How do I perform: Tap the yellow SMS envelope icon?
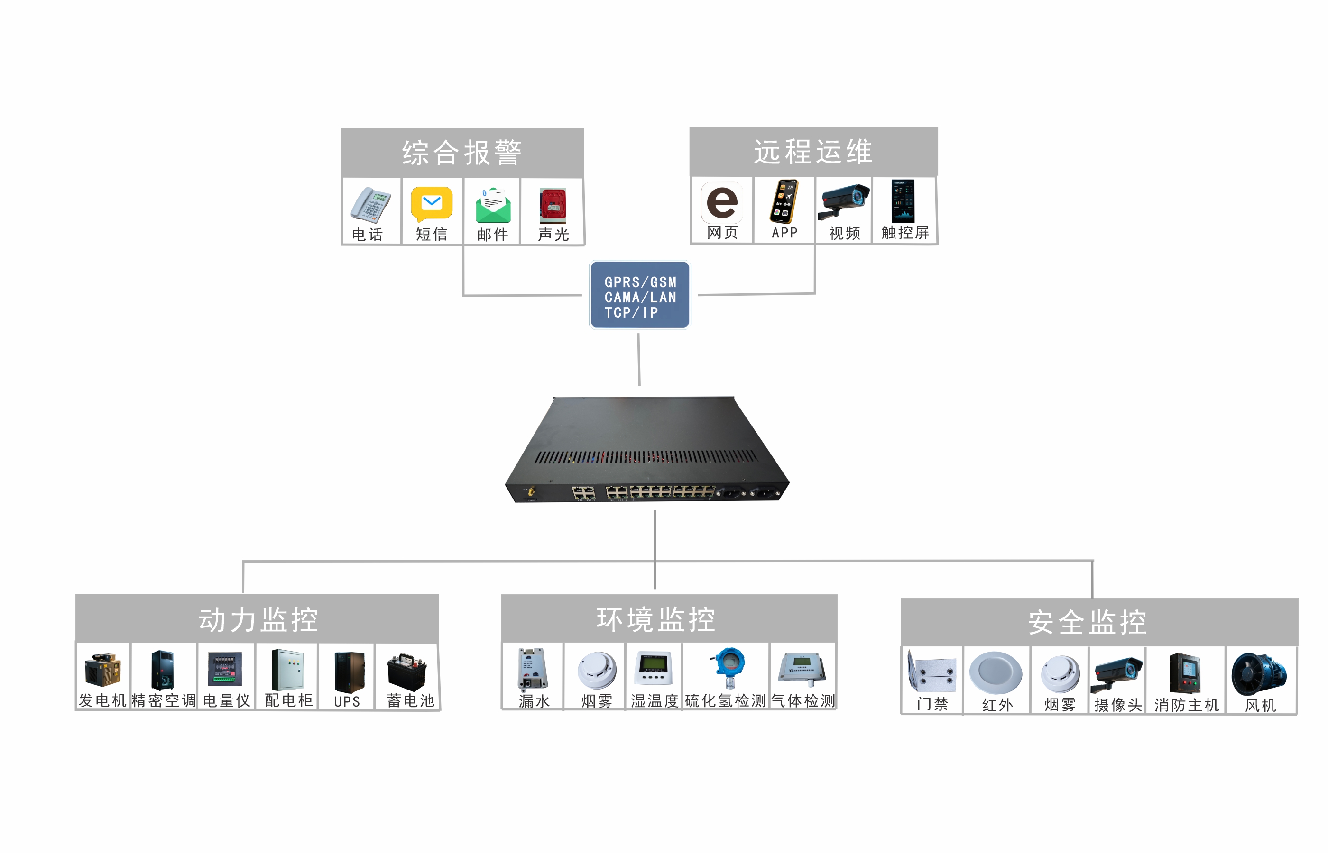click(431, 203)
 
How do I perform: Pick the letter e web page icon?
click(722, 202)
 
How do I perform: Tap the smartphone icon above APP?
click(784, 201)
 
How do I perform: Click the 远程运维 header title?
click(812, 151)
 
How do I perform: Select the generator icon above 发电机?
click(102, 670)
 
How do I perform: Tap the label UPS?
click(347, 701)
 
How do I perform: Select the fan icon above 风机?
click(1258, 673)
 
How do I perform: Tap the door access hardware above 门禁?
click(931, 672)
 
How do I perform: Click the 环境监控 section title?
click(655, 619)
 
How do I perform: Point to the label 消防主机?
click(1186, 705)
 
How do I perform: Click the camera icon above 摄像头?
click(1116, 673)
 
